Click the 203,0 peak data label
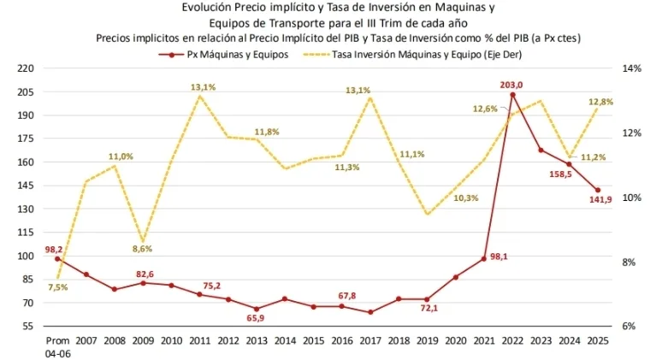click(511, 84)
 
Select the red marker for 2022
click(512, 94)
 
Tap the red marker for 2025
click(598, 190)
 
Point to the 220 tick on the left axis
click(26, 68)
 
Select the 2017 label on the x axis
click(370, 340)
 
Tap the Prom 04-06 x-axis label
click(57, 345)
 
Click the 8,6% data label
click(142, 249)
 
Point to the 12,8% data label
click(600, 102)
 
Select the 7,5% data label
click(58, 287)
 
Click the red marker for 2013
click(257, 309)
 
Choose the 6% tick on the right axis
click(628, 326)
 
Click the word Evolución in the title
click(207, 7)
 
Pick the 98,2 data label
click(56, 249)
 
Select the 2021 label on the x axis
click(484, 340)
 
